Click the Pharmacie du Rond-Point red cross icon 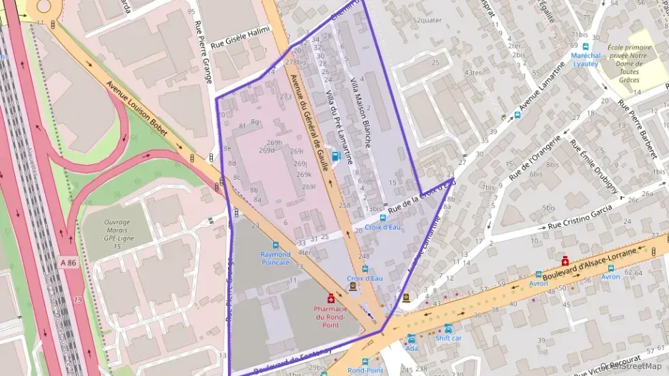330,298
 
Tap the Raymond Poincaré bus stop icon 275,245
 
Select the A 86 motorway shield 68,263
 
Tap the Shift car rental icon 448,328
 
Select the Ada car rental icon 411,338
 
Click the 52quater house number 427,20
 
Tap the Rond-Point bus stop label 365,370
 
